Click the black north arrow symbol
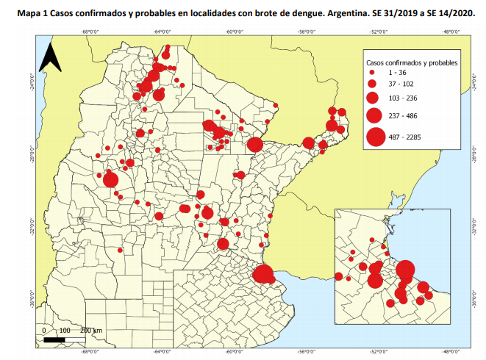(49, 57)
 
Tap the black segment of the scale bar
(54, 340)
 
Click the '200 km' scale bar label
(91, 331)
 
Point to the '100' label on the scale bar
(64, 331)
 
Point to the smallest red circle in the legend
(373, 73)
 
